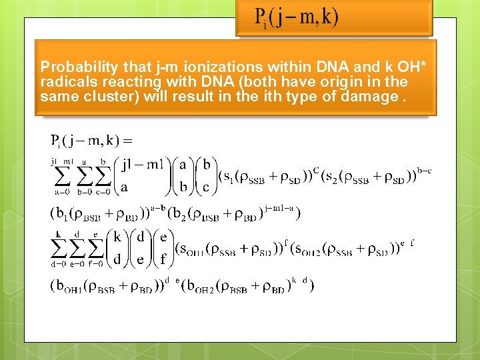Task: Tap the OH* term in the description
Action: pos(413,67)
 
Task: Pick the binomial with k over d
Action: pos(117,247)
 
